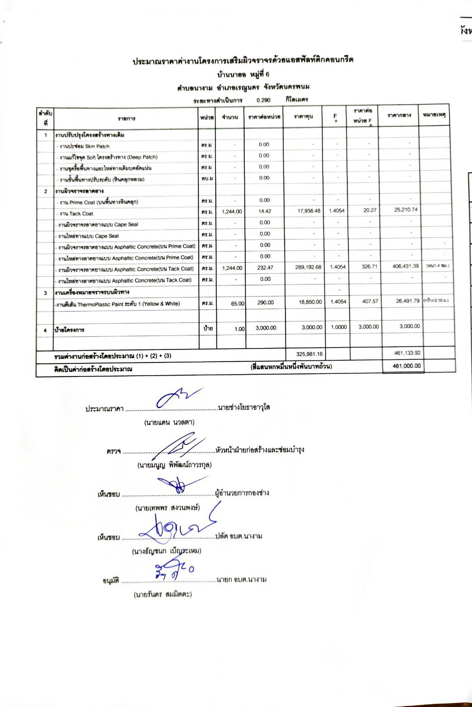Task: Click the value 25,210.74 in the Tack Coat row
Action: click(406, 209)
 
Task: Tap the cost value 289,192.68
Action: click(308, 267)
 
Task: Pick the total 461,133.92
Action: click(407, 353)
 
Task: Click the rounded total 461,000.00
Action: click(407, 366)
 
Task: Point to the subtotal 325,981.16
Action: click(309, 354)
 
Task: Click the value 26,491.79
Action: click(407, 301)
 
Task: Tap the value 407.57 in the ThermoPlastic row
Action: click(369, 301)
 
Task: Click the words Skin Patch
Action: click(97, 146)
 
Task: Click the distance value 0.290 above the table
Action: click(263, 100)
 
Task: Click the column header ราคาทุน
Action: click(303, 117)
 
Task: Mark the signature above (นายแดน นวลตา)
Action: click(176, 397)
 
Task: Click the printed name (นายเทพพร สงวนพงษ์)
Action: click(168, 508)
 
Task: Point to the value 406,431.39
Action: click(406, 266)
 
